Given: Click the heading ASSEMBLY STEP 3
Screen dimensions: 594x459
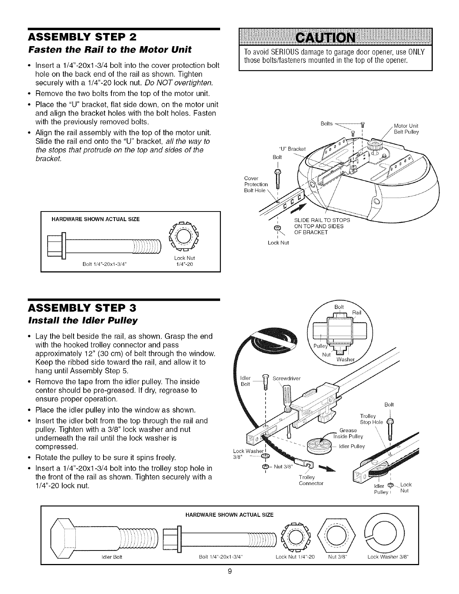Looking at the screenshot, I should (x=82, y=309).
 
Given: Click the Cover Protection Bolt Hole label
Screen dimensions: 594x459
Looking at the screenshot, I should (x=256, y=184).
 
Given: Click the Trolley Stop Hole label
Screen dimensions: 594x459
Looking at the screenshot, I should (x=371, y=419).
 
